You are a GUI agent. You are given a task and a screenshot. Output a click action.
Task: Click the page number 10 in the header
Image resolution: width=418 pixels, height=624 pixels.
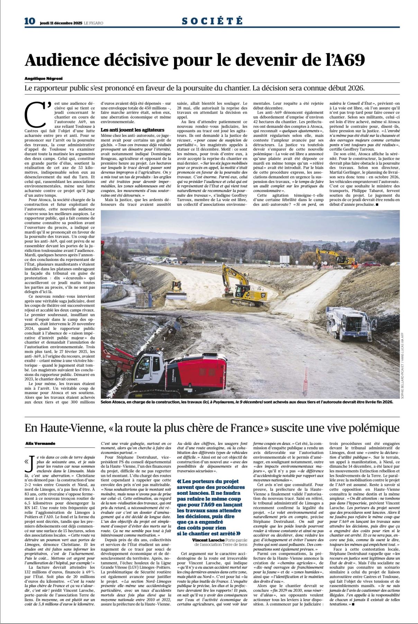click(x=30, y=21)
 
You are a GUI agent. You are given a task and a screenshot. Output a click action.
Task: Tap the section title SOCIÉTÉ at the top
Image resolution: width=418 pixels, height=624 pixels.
click(x=212, y=21)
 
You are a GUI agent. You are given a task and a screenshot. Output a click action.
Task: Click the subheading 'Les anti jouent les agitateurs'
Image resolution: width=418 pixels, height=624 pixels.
click(x=128, y=130)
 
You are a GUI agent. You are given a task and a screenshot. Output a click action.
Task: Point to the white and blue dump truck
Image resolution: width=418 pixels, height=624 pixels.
click(x=345, y=322)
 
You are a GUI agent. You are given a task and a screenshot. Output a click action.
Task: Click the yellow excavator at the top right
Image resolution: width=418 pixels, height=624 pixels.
click(x=334, y=257)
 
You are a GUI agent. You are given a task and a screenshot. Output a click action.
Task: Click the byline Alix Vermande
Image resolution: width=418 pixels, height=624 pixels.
click(x=40, y=443)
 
